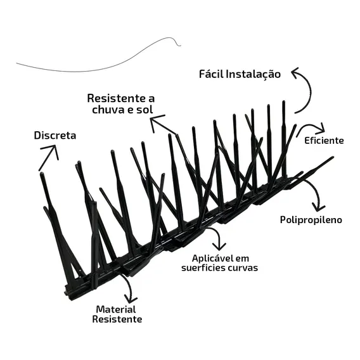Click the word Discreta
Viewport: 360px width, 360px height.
[55, 136]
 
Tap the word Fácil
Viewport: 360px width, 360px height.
[211, 74]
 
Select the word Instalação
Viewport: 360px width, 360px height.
[254, 75]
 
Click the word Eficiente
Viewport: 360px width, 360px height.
[324, 141]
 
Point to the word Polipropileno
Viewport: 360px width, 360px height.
[311, 220]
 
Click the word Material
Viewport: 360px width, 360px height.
[116, 309]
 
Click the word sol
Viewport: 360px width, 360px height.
[145, 110]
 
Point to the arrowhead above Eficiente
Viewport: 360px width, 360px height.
[321, 129]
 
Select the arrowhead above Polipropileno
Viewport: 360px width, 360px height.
[318, 207]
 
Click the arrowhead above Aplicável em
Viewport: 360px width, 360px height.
[219, 247]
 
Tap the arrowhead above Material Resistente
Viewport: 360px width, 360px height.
[131, 299]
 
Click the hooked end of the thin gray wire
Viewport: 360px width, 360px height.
[179, 45]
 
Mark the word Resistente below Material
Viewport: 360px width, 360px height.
[117, 319]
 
